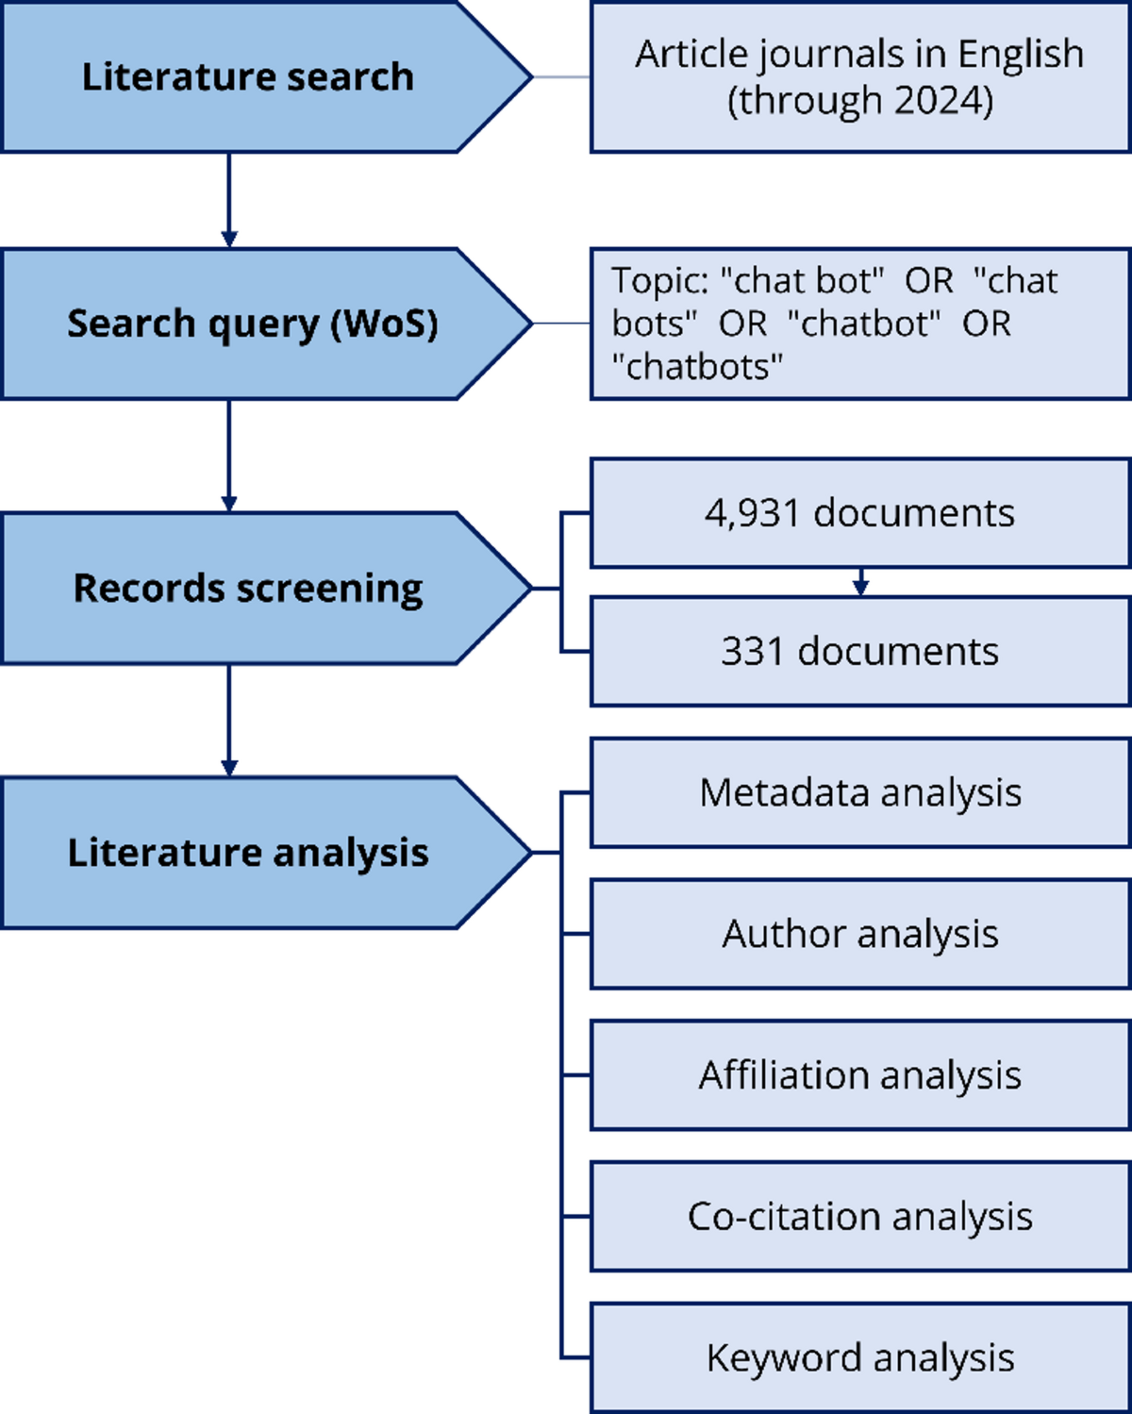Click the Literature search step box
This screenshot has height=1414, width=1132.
247,76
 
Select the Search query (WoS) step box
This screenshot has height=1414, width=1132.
251,324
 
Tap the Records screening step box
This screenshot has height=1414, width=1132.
247,588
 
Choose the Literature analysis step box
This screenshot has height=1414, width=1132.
247,852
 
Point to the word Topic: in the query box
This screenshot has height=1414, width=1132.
658,281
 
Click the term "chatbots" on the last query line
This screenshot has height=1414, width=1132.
697,366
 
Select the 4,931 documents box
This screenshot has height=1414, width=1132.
859,513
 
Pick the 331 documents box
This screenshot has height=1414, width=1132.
859,651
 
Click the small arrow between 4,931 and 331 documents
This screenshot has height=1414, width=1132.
859,583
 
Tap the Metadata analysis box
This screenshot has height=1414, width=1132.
859,792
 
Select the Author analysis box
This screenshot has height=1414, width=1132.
859,934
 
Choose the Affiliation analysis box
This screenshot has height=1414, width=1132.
859,1075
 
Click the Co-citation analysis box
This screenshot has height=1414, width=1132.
859,1217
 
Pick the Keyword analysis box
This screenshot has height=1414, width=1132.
859,1358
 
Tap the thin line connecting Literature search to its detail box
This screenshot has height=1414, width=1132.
562,76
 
